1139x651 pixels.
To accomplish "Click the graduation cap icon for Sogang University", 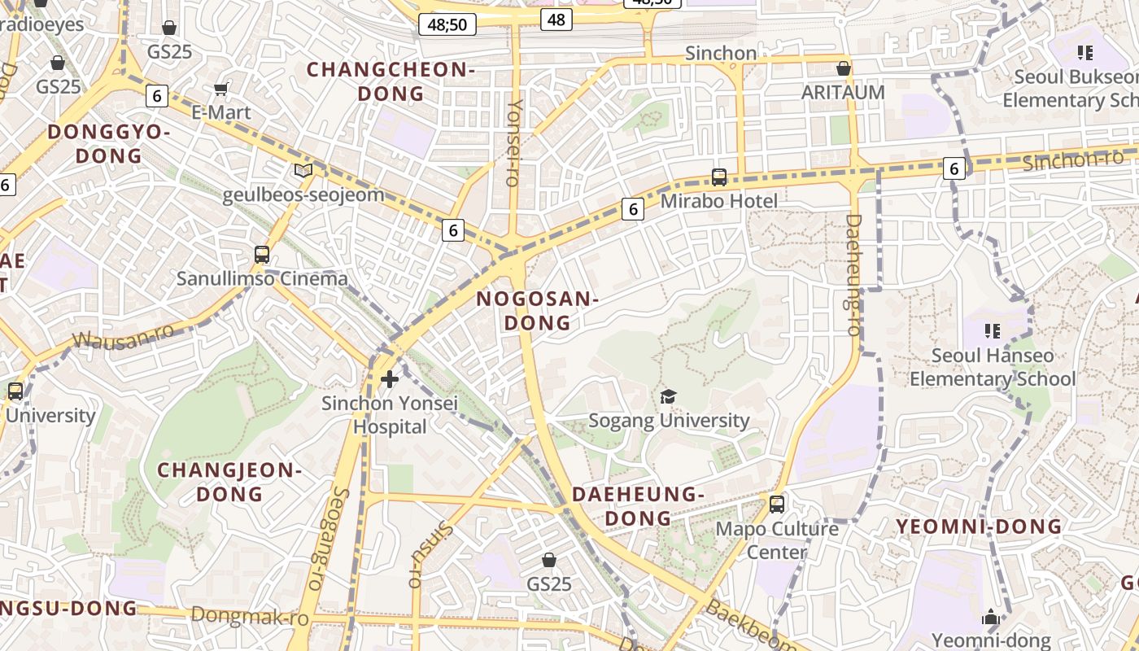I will (x=668, y=396).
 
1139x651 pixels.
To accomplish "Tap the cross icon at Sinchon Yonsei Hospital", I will (x=390, y=378).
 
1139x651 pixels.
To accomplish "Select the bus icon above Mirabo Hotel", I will (x=719, y=177).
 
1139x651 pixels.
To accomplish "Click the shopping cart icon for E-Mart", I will (x=220, y=88).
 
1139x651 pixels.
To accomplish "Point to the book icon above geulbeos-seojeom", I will (x=303, y=170).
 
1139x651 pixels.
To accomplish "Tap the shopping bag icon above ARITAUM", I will (x=844, y=68).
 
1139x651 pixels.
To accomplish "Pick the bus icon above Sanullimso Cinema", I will (x=262, y=255).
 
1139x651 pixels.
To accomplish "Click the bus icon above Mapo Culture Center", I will (x=777, y=504).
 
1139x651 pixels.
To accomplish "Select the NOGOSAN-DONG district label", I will (x=537, y=311).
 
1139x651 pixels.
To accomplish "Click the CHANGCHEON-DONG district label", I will (x=391, y=81).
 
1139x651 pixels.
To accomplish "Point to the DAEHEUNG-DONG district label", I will (x=638, y=506).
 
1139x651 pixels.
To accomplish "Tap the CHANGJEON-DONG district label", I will (x=229, y=482).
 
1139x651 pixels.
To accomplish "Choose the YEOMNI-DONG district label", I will (x=979, y=526).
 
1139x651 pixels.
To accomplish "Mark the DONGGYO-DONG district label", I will (x=109, y=143).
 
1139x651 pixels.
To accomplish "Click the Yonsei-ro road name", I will (x=513, y=143).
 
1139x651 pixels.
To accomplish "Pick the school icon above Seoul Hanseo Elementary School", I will (x=993, y=330).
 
